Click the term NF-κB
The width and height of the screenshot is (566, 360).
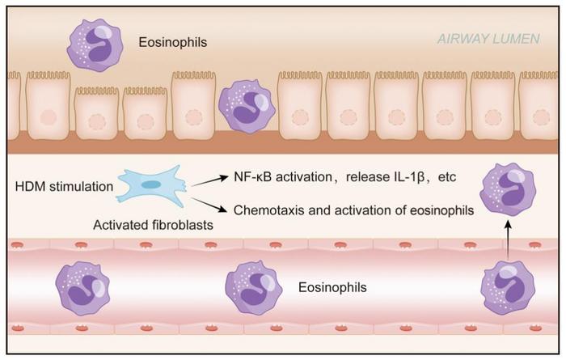point(254,177)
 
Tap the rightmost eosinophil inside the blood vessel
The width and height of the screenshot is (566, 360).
point(507,289)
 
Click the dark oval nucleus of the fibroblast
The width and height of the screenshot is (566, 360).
point(152,184)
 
